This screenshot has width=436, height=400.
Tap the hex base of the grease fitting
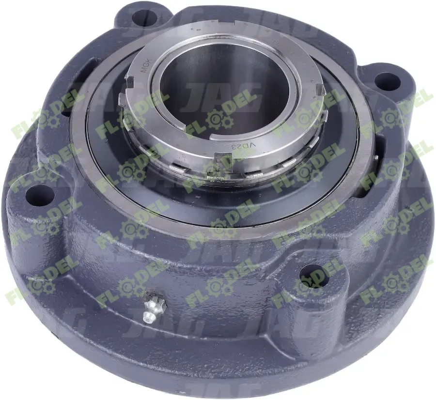[x=156, y=305]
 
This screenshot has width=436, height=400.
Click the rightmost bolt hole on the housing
[x=387, y=81]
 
